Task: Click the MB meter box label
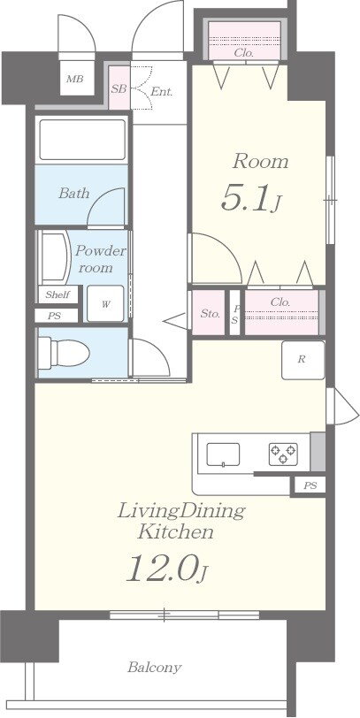pos(74,79)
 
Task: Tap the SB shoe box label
pos(119,88)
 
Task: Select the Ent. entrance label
pos(162,92)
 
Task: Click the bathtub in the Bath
pos(82,139)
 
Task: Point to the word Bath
pos(73,194)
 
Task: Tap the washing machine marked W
pos(105,303)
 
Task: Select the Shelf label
pos(57,294)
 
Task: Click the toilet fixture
pos(63,353)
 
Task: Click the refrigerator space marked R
pos(303,360)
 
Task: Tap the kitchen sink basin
pos(223,454)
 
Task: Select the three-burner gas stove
pos(283,454)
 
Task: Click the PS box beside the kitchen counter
pos(310,485)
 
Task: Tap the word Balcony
pos(155,668)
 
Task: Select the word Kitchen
pos(176,531)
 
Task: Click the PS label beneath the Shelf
pos(55,315)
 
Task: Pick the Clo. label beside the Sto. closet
pos(280,302)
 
